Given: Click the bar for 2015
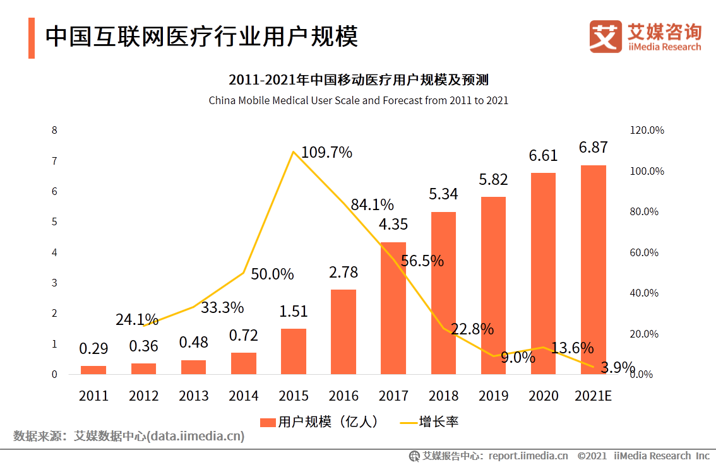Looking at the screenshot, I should coord(293,351).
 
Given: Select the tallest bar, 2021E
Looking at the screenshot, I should coord(593,270).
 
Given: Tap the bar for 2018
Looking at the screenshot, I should coord(443,293).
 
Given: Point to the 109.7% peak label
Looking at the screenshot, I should coord(326,152).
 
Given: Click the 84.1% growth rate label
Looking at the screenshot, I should coord(373,204).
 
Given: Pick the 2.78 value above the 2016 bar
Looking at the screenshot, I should coord(343,273).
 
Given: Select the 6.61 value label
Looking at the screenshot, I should coord(543,155).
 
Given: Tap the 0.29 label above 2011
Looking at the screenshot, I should coord(93,348).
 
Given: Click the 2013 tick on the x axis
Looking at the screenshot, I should coord(193,396).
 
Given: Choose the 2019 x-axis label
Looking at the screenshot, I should coord(493,396).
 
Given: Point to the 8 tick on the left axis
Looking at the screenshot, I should coord(54,131).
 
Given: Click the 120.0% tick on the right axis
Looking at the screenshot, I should coord(647,131).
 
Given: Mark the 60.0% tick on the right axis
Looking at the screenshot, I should coord(644,252).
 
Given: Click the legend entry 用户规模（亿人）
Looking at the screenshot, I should coord(319,422).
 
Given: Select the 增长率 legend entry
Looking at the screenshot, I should coord(429,422).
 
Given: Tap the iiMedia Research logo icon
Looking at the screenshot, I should coord(606,37).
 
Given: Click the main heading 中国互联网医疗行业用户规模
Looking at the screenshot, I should coord(201,37).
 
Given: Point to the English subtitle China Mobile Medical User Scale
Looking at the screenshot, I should coord(358,100).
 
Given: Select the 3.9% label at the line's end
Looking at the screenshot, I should coord(618,368).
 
